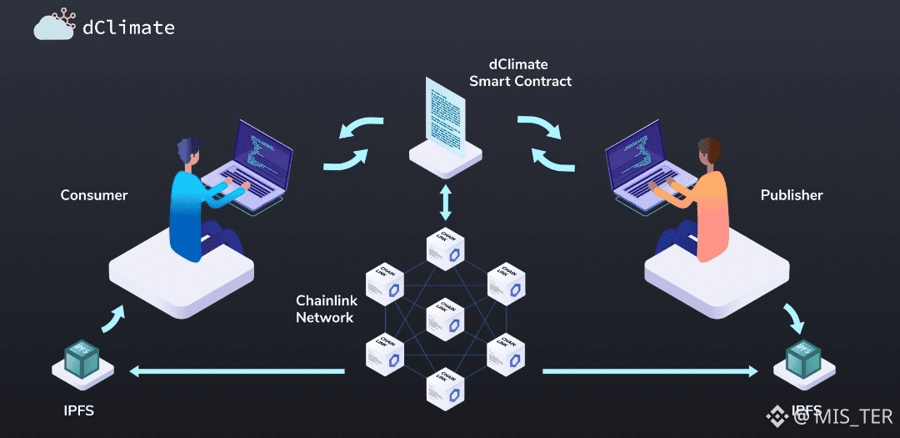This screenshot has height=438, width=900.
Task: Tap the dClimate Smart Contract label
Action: click(x=520, y=73)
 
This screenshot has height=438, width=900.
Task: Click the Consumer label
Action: click(x=94, y=195)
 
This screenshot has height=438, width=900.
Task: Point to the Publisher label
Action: click(x=792, y=195)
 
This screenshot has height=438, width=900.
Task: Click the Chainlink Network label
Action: click(x=325, y=309)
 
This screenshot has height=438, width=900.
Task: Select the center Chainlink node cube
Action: click(x=446, y=318)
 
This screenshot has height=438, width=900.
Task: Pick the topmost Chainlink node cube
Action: click(x=446, y=248)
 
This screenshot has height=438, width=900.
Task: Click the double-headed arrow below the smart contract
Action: click(x=446, y=203)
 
